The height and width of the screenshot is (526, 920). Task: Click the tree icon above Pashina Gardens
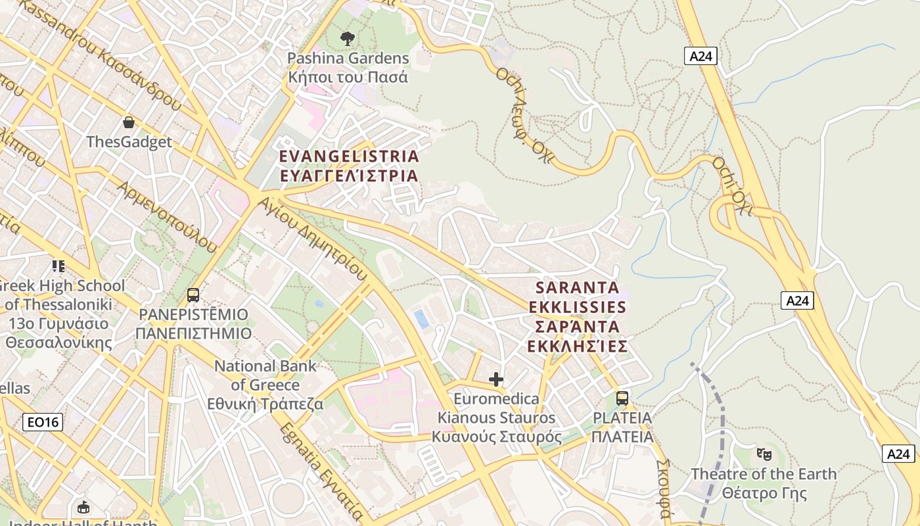tap(348, 39)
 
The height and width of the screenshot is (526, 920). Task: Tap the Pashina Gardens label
tap(348, 68)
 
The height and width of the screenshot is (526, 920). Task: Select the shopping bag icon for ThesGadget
tap(129, 122)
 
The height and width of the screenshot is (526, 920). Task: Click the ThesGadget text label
tap(129, 142)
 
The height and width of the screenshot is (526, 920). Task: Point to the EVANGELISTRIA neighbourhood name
tap(349, 166)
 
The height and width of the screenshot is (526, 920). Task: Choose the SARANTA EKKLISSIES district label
tap(578, 317)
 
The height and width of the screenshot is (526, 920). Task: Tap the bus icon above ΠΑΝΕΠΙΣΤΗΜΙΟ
tap(193, 295)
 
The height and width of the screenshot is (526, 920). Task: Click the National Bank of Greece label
tap(265, 385)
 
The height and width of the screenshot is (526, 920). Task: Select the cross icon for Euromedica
tap(496, 379)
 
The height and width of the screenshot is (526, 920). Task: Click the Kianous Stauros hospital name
tap(497, 418)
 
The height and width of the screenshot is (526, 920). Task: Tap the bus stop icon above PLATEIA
tap(622, 398)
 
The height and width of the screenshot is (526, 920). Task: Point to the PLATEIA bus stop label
tap(622, 427)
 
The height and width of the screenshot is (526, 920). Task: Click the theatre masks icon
tap(764, 454)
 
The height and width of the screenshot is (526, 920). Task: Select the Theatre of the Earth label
tap(764, 483)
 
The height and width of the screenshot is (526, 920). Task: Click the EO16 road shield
tap(43, 422)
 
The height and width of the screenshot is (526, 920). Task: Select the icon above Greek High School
tap(58, 266)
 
